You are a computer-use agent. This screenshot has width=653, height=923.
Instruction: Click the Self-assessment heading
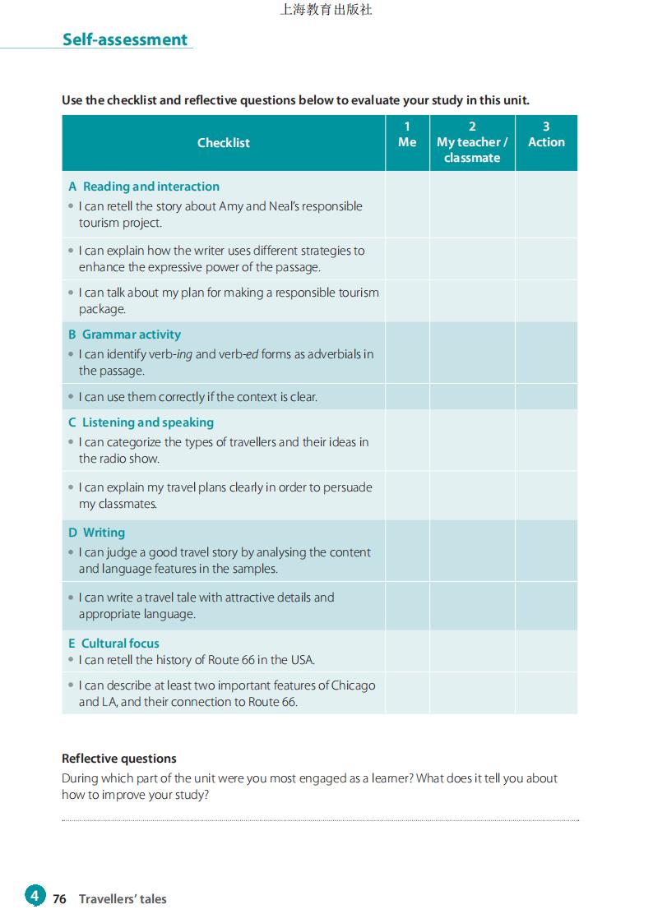tap(125, 39)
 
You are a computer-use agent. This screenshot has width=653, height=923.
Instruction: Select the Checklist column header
tap(224, 143)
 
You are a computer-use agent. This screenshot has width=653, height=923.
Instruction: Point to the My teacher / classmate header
tap(472, 142)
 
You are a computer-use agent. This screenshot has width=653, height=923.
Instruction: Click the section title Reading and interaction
tap(151, 187)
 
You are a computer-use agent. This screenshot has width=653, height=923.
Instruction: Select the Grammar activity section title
tap(131, 335)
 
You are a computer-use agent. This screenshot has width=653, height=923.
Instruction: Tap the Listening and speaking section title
tap(147, 422)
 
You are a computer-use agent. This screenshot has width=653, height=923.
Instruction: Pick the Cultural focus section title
tap(120, 644)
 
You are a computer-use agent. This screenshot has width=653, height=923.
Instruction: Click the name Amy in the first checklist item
tap(231, 206)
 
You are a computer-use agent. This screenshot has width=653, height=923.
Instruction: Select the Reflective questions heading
tap(119, 759)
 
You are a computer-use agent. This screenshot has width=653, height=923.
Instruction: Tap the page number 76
tap(59, 899)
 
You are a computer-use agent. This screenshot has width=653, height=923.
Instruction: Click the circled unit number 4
tap(35, 896)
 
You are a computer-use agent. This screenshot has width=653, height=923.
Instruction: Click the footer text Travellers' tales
tap(123, 899)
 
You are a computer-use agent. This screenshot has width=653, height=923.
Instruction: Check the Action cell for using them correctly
tap(546, 397)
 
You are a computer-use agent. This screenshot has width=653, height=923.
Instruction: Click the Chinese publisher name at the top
tap(326, 11)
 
